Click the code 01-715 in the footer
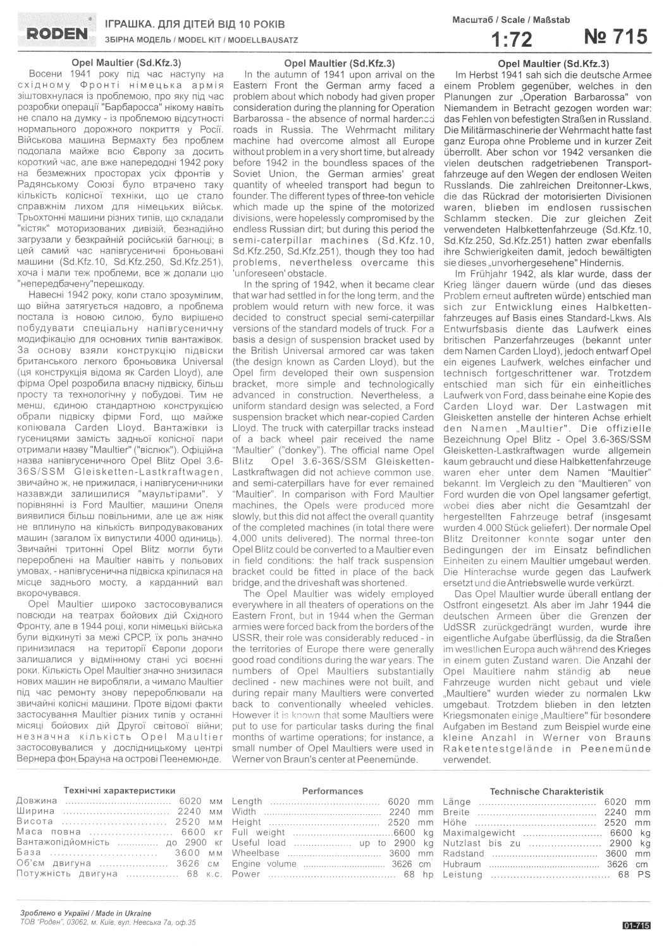636,925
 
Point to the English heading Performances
332,791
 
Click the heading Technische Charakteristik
546,791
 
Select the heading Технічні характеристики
119,791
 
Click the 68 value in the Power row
409,874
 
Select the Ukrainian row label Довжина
37,801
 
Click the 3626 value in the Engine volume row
402,864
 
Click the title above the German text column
553,63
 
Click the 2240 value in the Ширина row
190,812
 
